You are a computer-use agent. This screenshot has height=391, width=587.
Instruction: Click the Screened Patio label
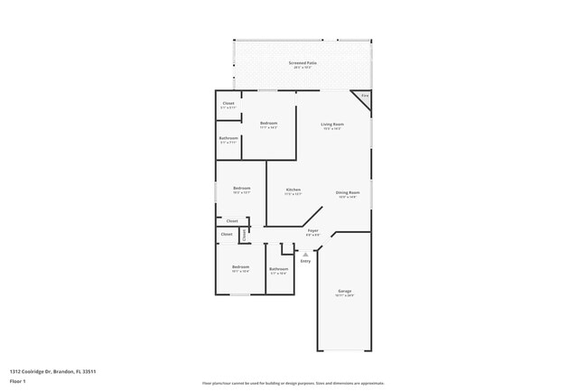[303, 63]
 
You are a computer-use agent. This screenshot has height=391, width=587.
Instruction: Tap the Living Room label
[332, 124]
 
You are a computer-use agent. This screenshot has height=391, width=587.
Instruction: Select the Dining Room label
[348, 192]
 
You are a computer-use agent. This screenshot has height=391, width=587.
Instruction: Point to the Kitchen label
[293, 189]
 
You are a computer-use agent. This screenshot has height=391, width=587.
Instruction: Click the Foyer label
[312, 231]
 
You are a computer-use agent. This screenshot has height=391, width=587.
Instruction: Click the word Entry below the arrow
[305, 261]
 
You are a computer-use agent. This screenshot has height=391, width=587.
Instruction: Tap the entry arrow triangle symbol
[305, 254]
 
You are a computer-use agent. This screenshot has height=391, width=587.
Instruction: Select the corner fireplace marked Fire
[365, 97]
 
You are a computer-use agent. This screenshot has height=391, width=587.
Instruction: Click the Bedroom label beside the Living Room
[268, 123]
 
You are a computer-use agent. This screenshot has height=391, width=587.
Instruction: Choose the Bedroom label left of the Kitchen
[241, 188]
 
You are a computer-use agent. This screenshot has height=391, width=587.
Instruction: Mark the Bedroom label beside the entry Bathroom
[240, 266]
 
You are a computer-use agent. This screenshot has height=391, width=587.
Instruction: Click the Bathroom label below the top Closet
[228, 138]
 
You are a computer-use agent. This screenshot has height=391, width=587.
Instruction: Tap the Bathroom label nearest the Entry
[278, 268]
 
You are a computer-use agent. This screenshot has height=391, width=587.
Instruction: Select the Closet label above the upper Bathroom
[228, 104]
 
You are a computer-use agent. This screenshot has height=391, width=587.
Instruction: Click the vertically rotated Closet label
[244, 235]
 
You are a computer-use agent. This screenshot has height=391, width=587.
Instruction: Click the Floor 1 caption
[18, 381]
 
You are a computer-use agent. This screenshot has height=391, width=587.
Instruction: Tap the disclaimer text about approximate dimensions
[293, 383]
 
